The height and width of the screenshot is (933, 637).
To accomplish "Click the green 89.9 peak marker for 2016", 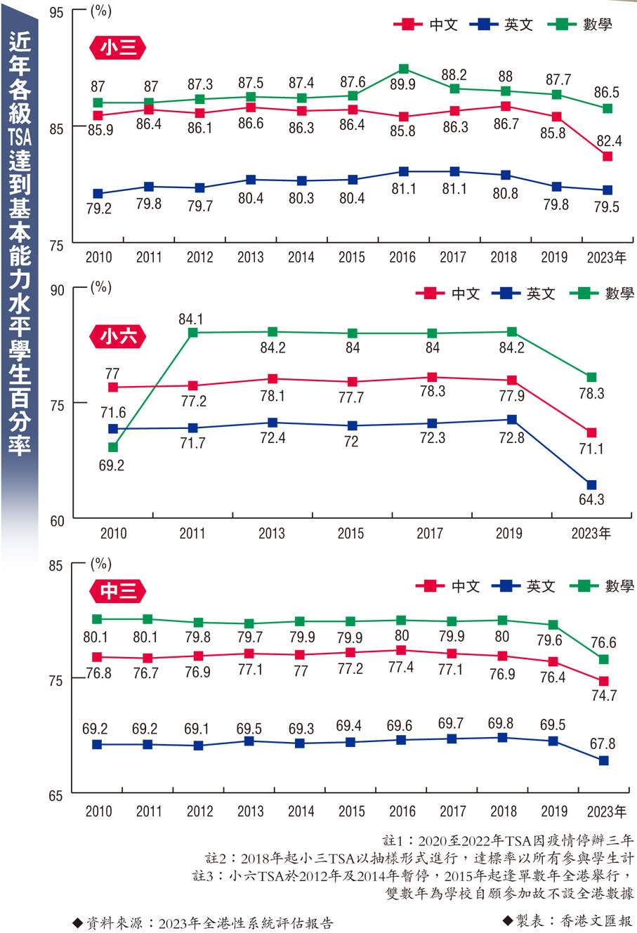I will coord(404,69).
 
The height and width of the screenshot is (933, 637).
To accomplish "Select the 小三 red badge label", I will coord(118,48).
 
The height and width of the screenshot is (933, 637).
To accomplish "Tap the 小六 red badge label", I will coord(118,336).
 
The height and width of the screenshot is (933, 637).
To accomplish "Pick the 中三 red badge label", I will coord(118,591).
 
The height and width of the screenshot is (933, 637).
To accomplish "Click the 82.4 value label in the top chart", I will coord(609,140).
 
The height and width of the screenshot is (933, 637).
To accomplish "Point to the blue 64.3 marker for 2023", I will coord(591,485).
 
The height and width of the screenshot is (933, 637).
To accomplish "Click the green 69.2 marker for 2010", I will coord(112,447).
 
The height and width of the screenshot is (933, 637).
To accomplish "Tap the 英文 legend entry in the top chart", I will coord(504,25).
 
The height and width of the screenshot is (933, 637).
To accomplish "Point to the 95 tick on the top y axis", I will coord(58,12).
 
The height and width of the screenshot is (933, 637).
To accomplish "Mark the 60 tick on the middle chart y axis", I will coord(58,521).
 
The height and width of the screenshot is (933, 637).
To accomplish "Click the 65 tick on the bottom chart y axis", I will coord(58,796).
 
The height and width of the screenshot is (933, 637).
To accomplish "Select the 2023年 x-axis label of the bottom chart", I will coord(606,812).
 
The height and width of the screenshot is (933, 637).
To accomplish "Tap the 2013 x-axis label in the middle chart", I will coord(271,534).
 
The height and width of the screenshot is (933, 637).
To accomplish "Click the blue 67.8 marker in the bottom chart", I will coord(603,761).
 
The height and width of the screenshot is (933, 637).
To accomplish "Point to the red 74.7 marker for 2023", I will coord(603,681).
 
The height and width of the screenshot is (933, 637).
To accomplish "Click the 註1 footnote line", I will coord(508,840).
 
